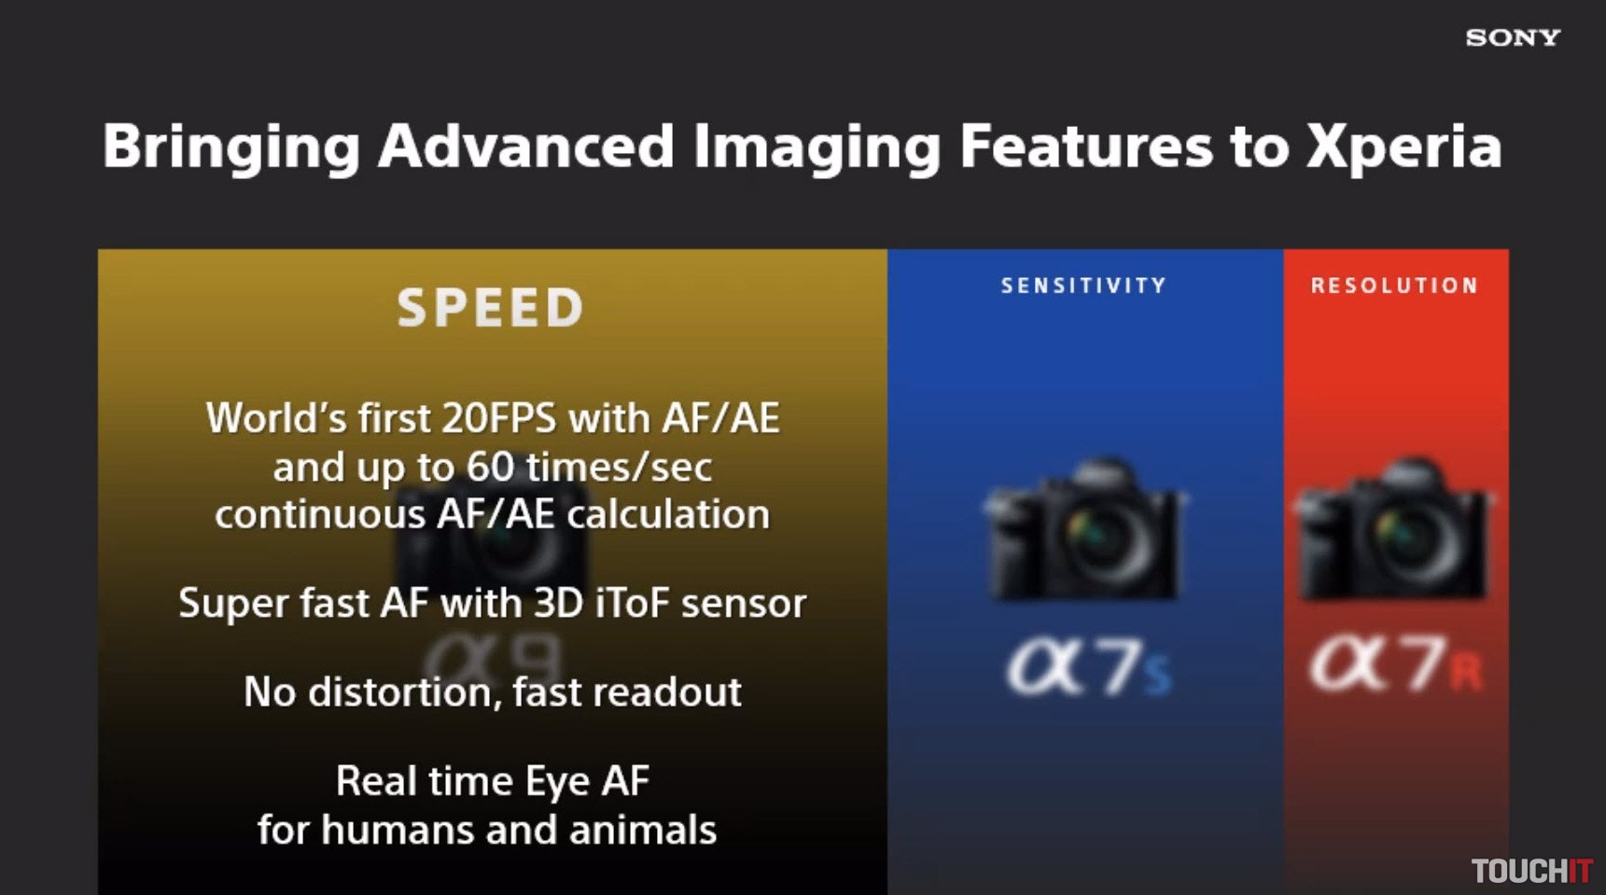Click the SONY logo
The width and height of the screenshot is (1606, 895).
(1513, 37)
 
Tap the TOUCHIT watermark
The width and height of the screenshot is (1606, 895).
(1531, 871)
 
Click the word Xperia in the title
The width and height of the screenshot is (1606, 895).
(1404, 147)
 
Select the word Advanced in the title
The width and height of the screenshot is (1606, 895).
(525, 146)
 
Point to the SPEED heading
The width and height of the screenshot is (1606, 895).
(491, 308)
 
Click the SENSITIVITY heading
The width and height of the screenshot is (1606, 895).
(1083, 286)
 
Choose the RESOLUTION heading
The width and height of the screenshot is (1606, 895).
(1395, 286)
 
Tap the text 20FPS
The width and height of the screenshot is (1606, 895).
(499, 418)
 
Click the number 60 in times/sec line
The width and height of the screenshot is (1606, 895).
(491, 467)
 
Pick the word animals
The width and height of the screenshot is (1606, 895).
(643, 830)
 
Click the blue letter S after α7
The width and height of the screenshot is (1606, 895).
(1157, 676)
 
